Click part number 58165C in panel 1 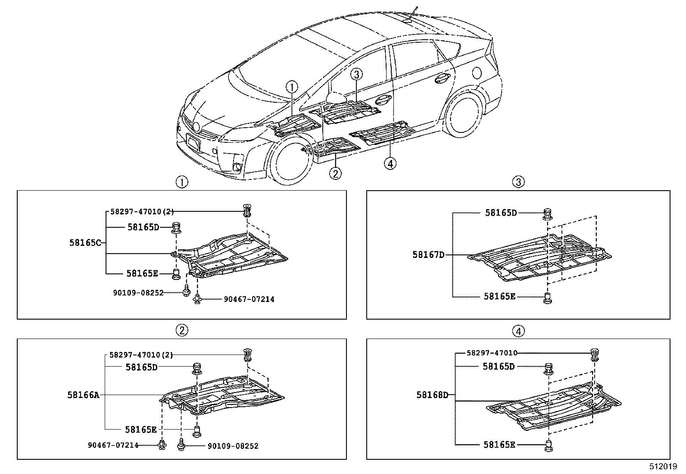coord(85,243)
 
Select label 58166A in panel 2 coord(83,395)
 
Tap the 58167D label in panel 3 coord(428,255)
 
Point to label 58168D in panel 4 coord(432,395)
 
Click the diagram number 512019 coord(664,467)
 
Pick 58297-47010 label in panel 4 coord(492,353)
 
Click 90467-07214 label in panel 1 coord(249,299)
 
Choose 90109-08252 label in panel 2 coord(233,446)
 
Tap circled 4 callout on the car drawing coord(390,163)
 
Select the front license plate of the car coord(193,142)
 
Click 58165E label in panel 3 coord(499,296)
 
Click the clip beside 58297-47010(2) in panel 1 coord(247,210)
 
